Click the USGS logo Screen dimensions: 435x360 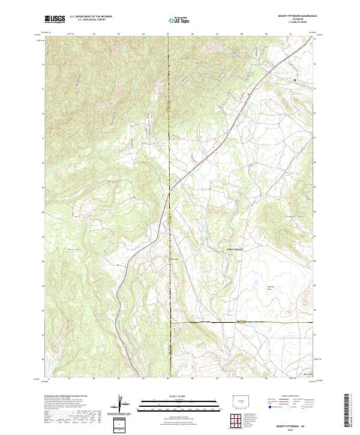(x=55, y=19)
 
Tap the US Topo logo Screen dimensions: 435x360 (x=180, y=20)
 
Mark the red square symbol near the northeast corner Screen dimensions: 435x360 (x=295, y=79)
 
